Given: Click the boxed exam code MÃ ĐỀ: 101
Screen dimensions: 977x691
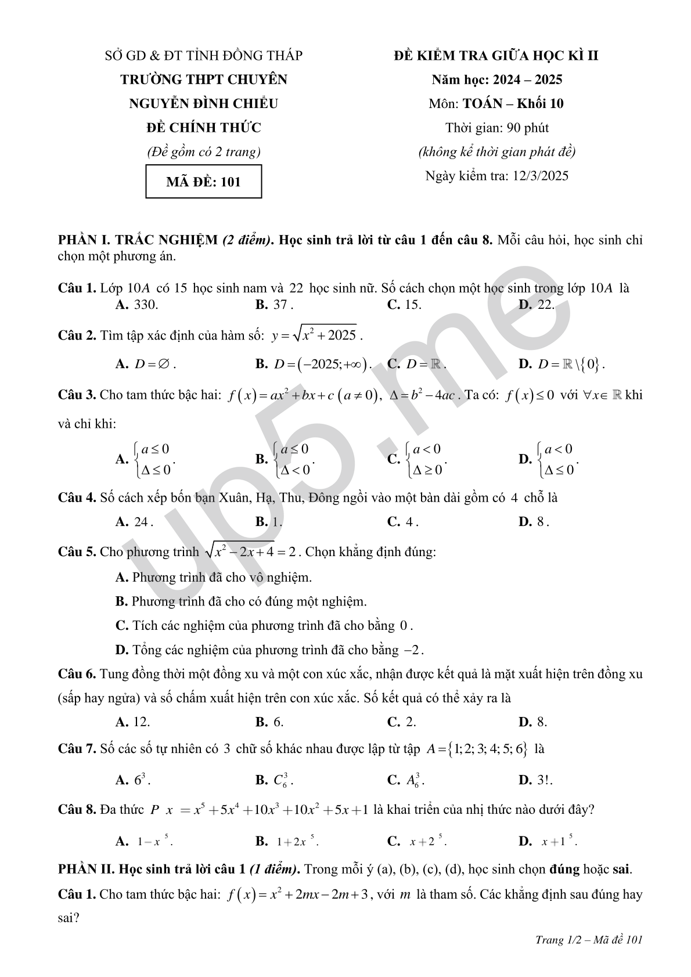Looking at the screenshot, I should click(x=203, y=182).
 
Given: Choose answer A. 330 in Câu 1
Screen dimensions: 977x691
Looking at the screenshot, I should click(x=137, y=305).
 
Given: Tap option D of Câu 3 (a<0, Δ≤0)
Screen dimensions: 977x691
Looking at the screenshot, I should click(x=548, y=459).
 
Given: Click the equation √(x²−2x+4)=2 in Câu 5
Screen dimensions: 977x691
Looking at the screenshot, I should click(x=252, y=551).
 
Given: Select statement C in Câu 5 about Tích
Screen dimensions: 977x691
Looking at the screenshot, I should click(x=264, y=625).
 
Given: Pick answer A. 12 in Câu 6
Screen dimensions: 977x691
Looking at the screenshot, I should click(x=133, y=722).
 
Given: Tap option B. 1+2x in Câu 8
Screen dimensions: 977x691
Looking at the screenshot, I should click(x=287, y=841).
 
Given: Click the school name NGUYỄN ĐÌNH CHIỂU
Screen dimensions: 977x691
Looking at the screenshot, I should click(x=203, y=103).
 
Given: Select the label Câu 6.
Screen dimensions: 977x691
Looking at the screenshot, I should click(x=77, y=674).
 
